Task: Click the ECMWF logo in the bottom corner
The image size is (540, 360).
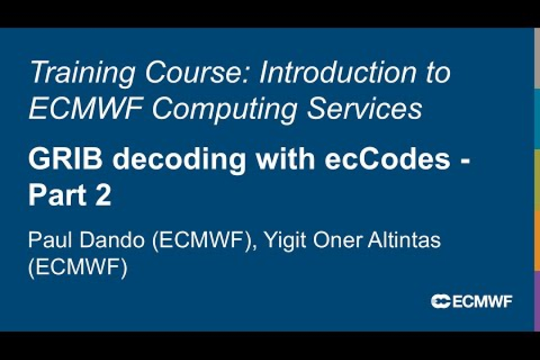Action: pos(472,301)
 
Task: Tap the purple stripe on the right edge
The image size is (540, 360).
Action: pos(537,300)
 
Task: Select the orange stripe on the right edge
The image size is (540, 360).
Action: pos(537,240)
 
